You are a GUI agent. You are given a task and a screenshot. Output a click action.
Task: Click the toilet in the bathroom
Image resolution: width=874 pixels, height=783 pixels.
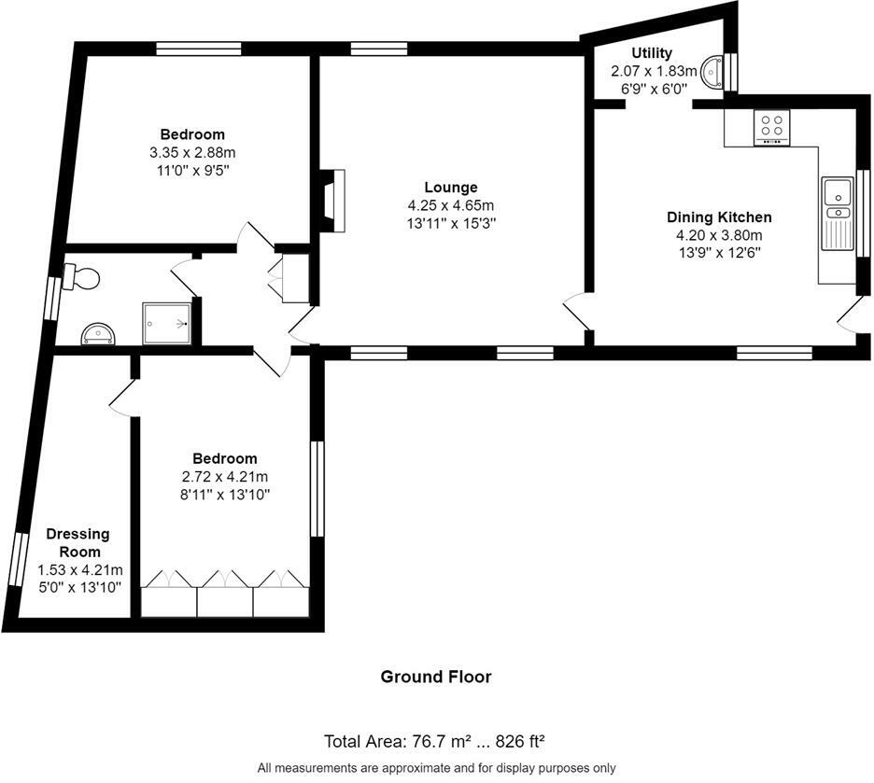81,277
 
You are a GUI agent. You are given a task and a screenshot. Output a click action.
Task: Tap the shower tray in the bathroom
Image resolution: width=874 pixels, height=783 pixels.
167,323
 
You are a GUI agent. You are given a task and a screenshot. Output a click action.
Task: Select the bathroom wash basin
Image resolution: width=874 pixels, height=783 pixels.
99,335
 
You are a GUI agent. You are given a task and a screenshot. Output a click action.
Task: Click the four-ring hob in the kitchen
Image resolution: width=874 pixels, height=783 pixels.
772,128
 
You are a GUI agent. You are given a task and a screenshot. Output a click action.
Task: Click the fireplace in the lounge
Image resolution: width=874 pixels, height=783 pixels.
333,201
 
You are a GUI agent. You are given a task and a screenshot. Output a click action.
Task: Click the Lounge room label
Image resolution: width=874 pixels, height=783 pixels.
451,188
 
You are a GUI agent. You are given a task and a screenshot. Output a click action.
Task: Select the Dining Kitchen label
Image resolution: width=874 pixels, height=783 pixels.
719,217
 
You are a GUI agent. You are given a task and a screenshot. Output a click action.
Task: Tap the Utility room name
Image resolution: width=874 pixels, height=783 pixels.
652,53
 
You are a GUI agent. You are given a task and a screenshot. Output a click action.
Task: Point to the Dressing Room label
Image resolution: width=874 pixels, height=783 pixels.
78,542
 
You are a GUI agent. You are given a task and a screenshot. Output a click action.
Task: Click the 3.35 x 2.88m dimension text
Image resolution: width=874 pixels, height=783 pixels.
192,152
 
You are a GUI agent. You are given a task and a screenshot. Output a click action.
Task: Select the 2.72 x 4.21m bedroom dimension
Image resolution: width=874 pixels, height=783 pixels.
225,477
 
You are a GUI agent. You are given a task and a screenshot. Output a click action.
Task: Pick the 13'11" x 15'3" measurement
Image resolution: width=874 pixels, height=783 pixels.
452,224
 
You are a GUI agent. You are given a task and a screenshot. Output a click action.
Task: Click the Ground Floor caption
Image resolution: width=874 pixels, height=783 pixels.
436,677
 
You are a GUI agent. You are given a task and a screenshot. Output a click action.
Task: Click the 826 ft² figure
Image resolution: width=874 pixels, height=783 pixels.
520,742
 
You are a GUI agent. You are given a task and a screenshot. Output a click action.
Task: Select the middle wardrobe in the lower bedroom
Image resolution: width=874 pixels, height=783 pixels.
225,594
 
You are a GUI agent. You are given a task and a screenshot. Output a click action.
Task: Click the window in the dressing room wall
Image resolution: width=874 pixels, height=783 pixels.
19,559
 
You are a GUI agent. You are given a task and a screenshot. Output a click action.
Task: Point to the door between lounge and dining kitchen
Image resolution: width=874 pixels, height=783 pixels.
576,315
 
